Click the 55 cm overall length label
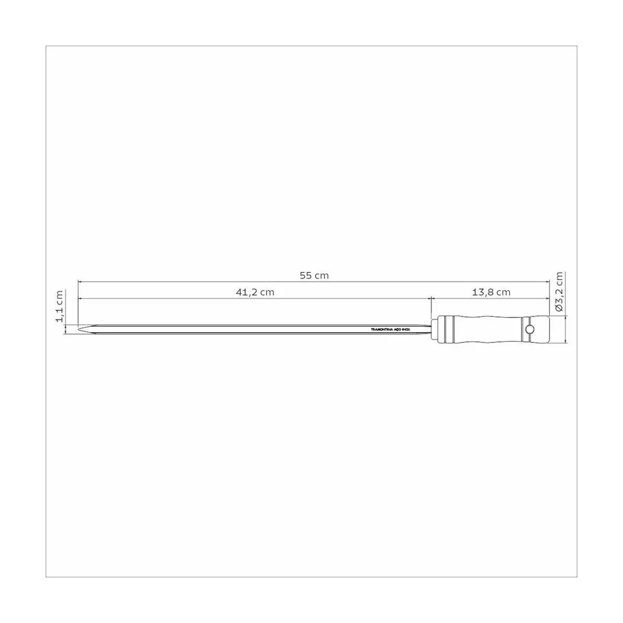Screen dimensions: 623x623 (313, 276)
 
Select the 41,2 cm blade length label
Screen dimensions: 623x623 (255, 292)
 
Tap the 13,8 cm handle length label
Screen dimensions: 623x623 (491, 292)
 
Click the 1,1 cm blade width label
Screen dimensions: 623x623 (60, 305)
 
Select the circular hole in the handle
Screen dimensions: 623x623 (530, 329)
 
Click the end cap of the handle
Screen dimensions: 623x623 (539, 329)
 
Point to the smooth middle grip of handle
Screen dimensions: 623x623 (487, 329)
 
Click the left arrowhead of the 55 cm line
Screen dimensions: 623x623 (80, 282)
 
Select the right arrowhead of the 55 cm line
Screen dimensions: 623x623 (547, 282)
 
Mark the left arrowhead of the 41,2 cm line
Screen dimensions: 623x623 (80, 298)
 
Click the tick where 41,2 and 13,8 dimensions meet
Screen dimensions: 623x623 (431, 298)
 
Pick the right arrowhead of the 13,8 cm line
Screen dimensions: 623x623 (547, 298)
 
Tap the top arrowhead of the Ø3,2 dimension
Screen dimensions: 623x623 (566, 318)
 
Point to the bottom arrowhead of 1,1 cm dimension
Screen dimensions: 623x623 (66, 334)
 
